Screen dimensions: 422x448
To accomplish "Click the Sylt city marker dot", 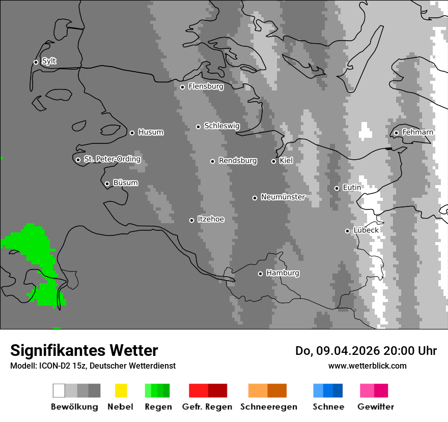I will pos(36,62).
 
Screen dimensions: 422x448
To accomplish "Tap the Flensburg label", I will pos(206,86).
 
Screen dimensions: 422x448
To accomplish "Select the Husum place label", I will pos(151,132).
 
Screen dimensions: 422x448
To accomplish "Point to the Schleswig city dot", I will pos(198,127).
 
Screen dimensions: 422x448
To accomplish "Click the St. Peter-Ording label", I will pos(112,159).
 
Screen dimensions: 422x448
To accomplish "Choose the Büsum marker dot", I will pos(107,184).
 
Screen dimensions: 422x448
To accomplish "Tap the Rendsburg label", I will pos(237,161).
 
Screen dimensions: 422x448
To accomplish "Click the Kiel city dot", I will pos(273,161).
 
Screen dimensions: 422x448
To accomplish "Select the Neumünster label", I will pos(283,197).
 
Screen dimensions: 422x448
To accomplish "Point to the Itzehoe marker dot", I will pos(191,220).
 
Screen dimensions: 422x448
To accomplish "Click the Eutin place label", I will pos(352,188).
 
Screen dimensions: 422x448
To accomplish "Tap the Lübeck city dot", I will pos(347,231).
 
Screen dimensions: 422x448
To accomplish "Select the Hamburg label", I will pos(283,273).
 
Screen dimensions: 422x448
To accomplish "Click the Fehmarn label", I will pos(417,132).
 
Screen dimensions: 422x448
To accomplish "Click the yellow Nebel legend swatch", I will pos(121,390).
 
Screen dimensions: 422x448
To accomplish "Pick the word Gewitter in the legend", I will pos(376,407).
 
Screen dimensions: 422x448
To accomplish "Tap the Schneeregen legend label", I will pos(268,407).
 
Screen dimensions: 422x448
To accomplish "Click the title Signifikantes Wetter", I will pos(84,350).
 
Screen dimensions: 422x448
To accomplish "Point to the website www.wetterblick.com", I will pos(368,366).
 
